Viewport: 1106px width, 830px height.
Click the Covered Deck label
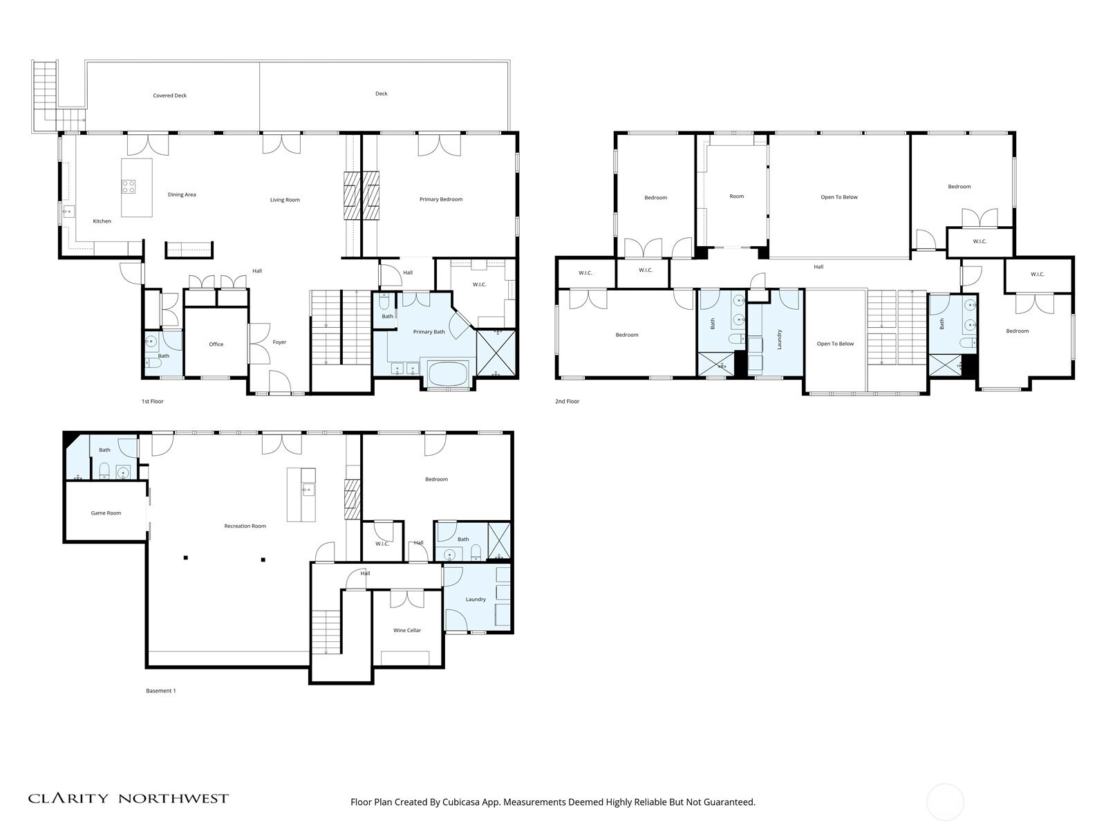(170, 95)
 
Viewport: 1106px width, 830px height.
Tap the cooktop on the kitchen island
(129, 187)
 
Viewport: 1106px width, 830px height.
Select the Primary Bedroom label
(441, 199)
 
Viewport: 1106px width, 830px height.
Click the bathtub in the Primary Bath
(447, 373)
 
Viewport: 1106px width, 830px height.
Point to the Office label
(216, 344)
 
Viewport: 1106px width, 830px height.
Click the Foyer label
(280, 342)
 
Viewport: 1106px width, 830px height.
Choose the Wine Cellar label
(407, 630)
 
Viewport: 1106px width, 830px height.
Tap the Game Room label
(106, 513)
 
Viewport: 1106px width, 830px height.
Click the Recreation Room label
(245, 526)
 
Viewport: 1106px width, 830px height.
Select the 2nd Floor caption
(568, 401)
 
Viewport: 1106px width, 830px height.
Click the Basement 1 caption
(161, 690)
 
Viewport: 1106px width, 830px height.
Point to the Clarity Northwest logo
(128, 798)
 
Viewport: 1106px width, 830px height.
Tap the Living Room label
(285, 200)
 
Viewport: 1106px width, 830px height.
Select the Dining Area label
(182, 194)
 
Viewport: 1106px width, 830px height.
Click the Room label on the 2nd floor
(737, 196)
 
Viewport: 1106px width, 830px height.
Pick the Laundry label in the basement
(476, 599)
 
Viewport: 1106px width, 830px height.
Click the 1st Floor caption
(152, 401)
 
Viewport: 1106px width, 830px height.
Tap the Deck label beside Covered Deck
(382, 93)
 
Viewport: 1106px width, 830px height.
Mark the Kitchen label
(102, 221)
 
